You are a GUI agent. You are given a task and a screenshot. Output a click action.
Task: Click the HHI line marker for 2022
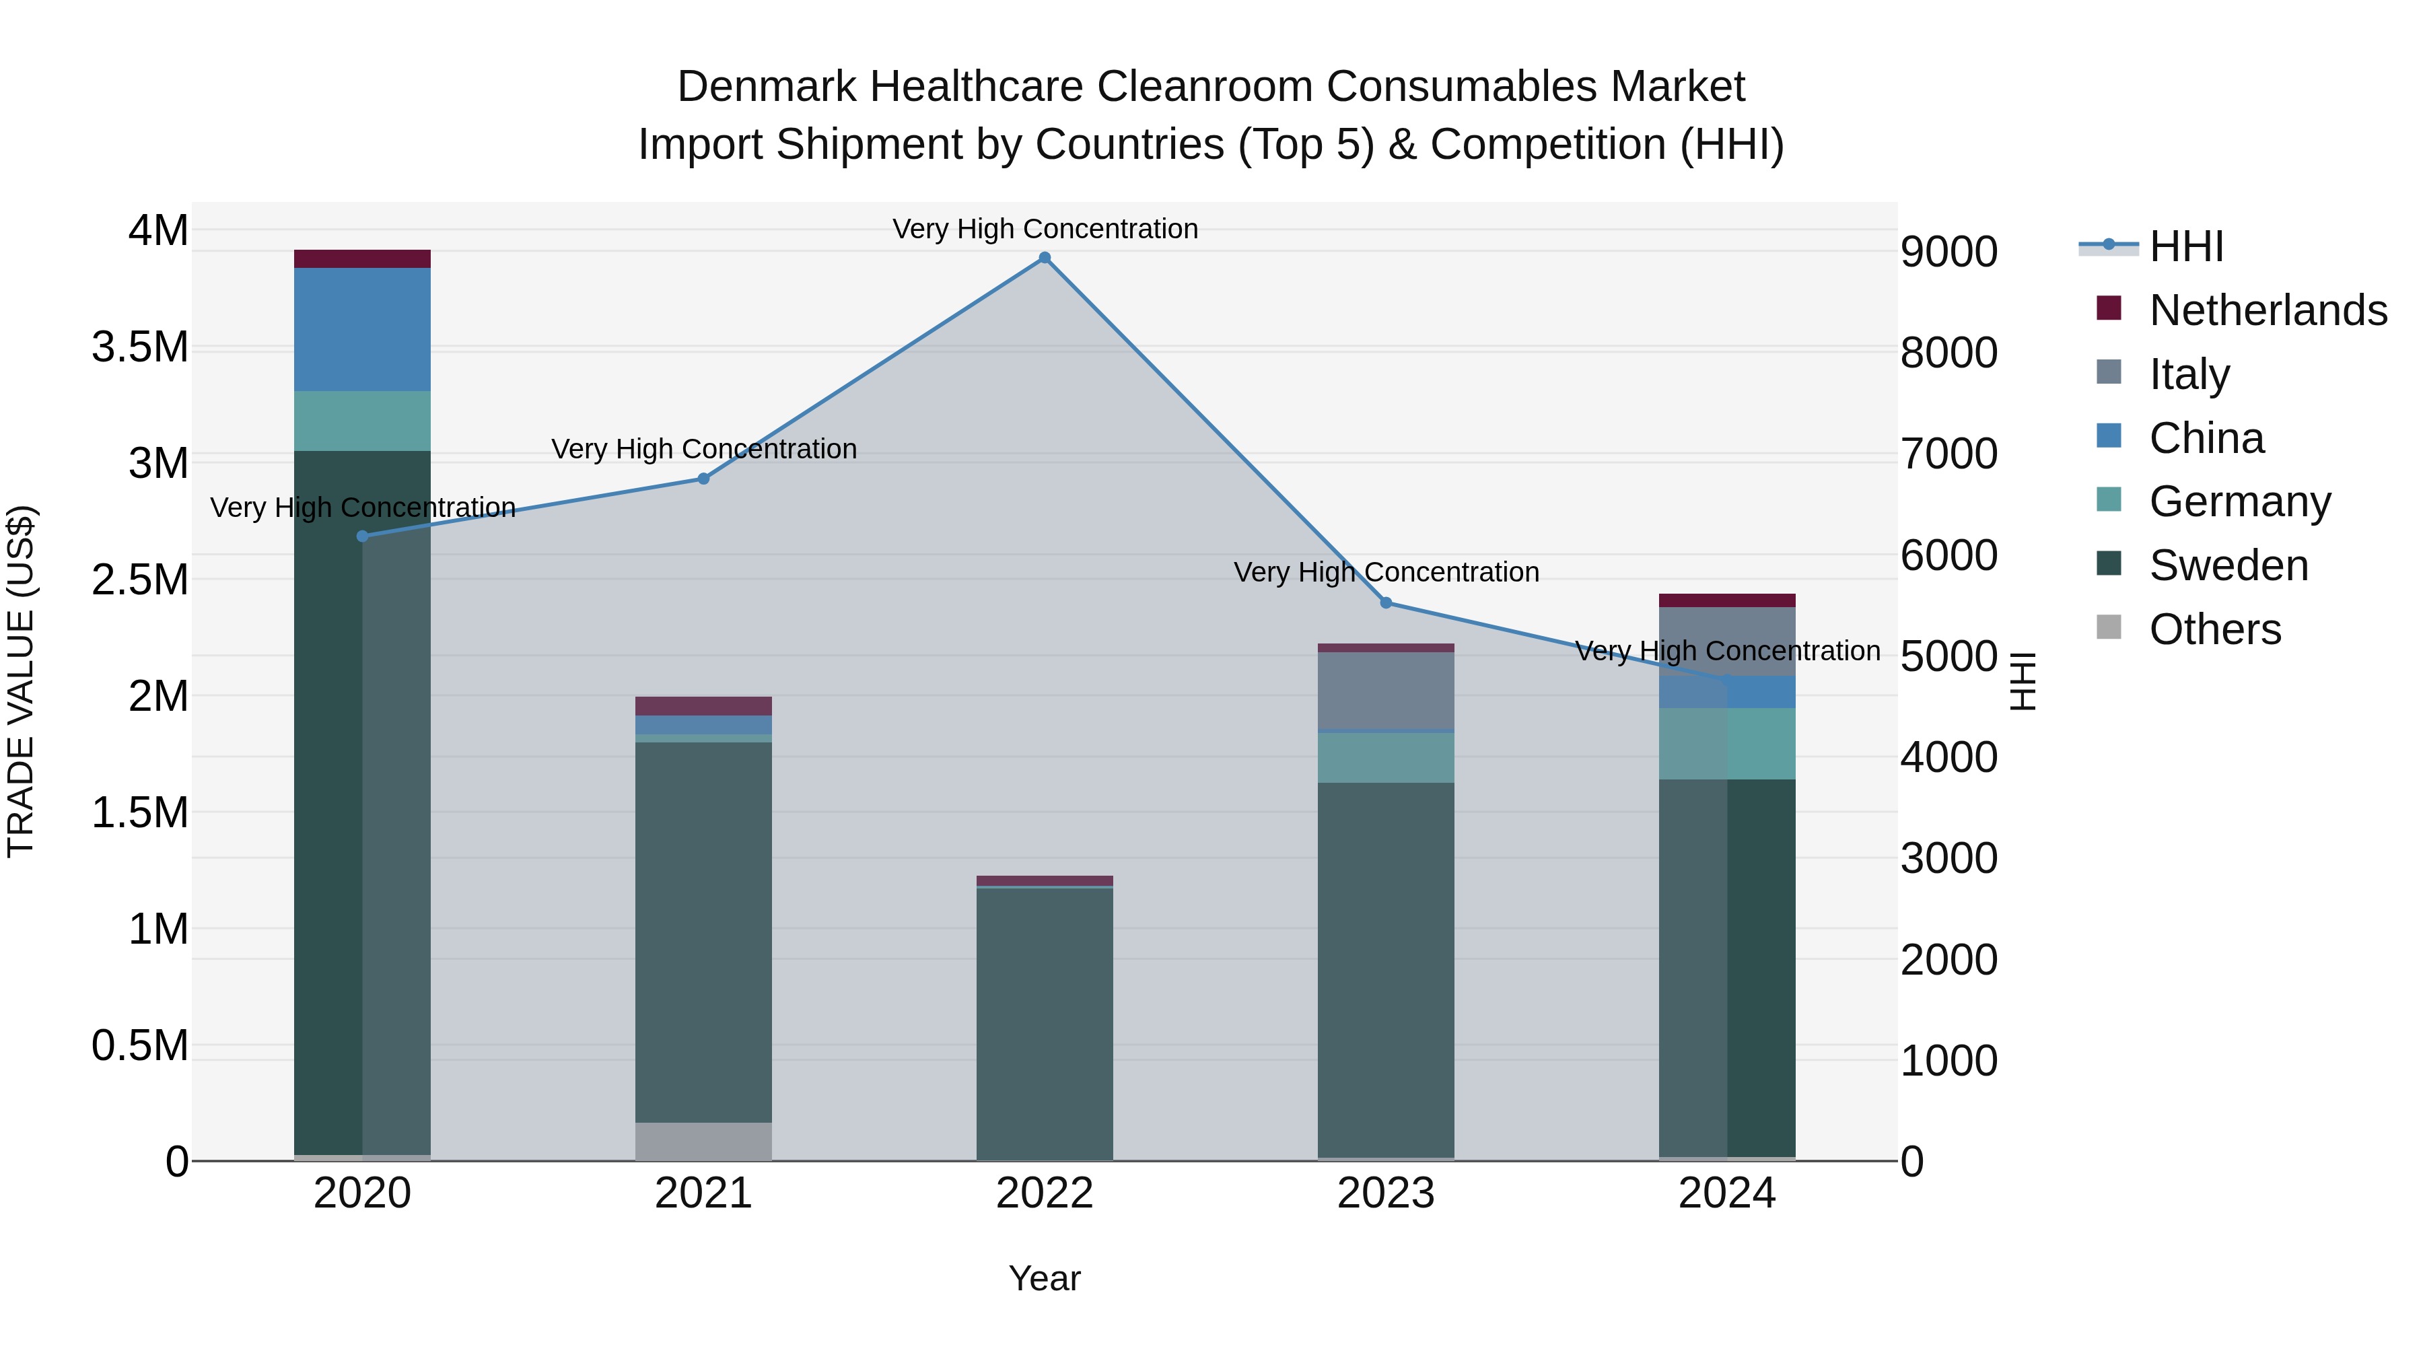click(x=1044, y=258)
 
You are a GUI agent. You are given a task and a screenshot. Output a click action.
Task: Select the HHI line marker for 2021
click(x=703, y=479)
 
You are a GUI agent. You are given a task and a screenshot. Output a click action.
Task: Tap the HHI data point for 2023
click(x=1386, y=603)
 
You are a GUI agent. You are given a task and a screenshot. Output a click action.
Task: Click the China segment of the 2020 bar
click(x=362, y=329)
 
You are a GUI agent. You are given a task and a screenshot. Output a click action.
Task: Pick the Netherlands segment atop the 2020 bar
click(x=362, y=258)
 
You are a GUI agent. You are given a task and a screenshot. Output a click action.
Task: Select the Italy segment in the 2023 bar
click(x=1386, y=691)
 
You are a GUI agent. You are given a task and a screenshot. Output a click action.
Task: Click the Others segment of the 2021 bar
click(x=703, y=1141)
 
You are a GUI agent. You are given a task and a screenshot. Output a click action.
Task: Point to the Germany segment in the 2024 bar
click(x=1727, y=743)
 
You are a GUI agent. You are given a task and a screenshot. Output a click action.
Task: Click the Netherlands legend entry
click(x=2267, y=310)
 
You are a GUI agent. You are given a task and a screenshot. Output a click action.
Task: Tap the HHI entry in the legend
click(x=2185, y=246)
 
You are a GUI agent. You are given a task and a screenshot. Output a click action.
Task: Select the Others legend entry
click(x=2214, y=629)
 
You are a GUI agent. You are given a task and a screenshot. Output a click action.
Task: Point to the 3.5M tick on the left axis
click(x=140, y=347)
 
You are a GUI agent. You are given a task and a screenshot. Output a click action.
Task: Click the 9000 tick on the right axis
click(x=1948, y=252)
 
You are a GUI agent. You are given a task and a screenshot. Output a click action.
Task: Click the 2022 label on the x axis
click(x=1044, y=1193)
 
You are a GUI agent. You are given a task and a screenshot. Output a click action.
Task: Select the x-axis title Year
click(x=1044, y=1278)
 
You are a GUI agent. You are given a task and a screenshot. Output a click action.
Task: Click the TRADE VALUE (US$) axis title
click(x=21, y=681)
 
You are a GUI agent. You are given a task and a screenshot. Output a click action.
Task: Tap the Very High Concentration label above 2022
click(x=1044, y=229)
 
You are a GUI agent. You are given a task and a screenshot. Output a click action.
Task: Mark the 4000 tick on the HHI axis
click(x=1948, y=757)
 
